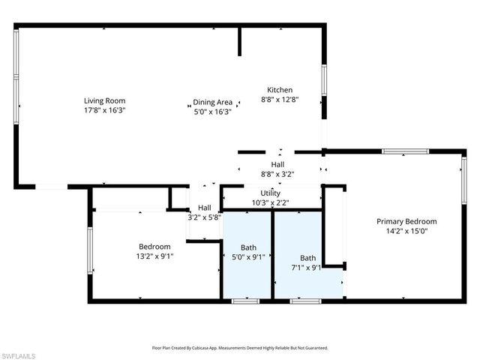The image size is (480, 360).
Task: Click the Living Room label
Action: [104, 100]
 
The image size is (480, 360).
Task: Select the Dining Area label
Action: [213, 103]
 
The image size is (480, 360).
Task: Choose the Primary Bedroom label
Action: [406, 221]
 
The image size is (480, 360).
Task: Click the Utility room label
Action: [270, 193]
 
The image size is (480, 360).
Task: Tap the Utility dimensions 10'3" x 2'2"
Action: [270, 202]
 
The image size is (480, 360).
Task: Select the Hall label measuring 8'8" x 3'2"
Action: [277, 164]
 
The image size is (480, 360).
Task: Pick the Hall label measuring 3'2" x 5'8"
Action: [204, 208]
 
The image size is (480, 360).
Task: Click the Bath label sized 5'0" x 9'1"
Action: [248, 247]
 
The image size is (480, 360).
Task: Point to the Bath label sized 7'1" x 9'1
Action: [308, 257]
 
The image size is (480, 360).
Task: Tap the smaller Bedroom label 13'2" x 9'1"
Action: [154, 246]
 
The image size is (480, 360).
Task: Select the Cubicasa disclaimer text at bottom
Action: [240, 348]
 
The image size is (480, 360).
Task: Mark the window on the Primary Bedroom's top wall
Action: [405, 151]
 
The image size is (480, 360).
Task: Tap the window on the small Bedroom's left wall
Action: [90, 250]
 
